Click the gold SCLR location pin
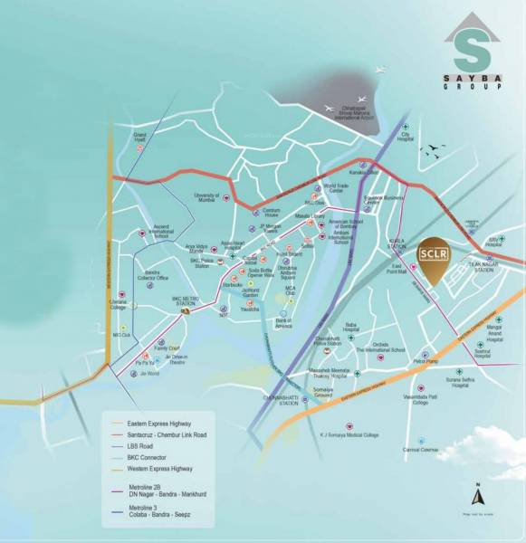pyautogui.click(x=430, y=257)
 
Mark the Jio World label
pyautogui.click(x=148, y=374)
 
